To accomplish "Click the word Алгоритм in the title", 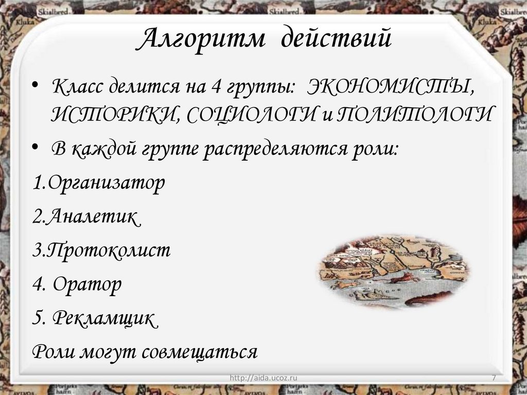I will (202, 41).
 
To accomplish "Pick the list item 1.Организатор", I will (98, 183).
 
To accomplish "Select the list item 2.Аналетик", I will (85, 217).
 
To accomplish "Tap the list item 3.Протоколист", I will (101, 251).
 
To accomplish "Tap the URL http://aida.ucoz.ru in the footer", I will (264, 379).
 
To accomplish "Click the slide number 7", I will (494, 379).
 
